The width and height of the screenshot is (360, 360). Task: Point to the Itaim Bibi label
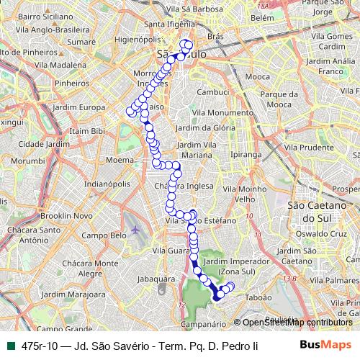tap(88, 131)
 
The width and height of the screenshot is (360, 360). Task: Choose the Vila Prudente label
tap(308, 147)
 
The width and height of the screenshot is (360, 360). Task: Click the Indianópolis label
tap(107, 184)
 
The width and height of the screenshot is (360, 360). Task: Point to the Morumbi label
tap(28, 161)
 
